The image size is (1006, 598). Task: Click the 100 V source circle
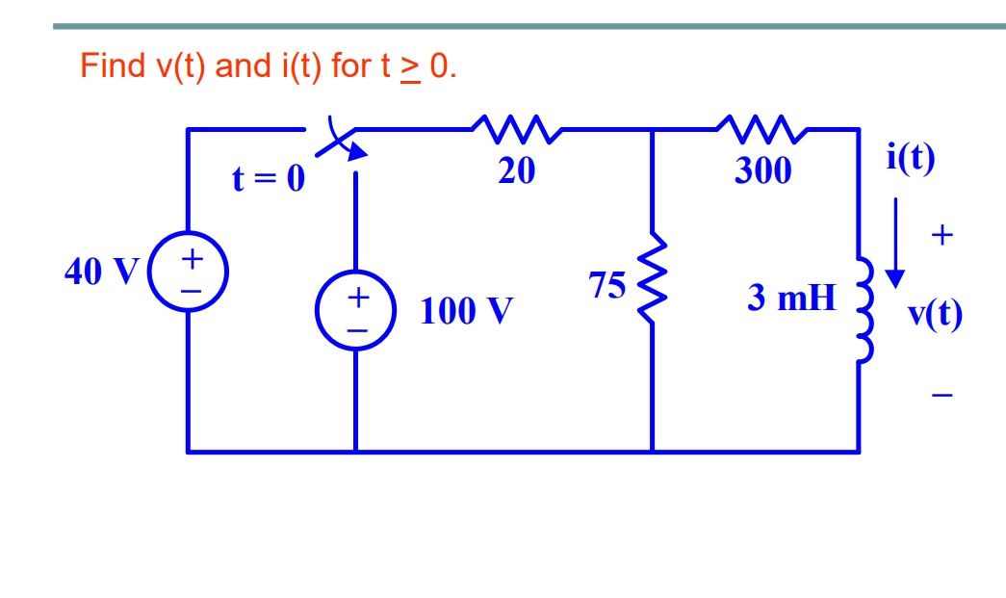(x=356, y=311)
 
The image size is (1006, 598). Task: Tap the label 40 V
(x=101, y=273)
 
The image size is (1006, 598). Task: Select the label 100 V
(x=466, y=312)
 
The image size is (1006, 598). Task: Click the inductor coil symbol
(x=863, y=308)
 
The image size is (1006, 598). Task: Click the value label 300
(x=762, y=171)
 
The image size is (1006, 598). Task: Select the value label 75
(x=607, y=286)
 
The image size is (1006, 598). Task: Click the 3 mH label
(x=791, y=299)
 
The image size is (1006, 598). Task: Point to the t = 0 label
(x=269, y=178)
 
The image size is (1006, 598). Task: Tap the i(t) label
(x=910, y=158)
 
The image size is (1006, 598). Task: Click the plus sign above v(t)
(x=942, y=234)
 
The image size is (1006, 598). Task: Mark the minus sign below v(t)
(x=942, y=395)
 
